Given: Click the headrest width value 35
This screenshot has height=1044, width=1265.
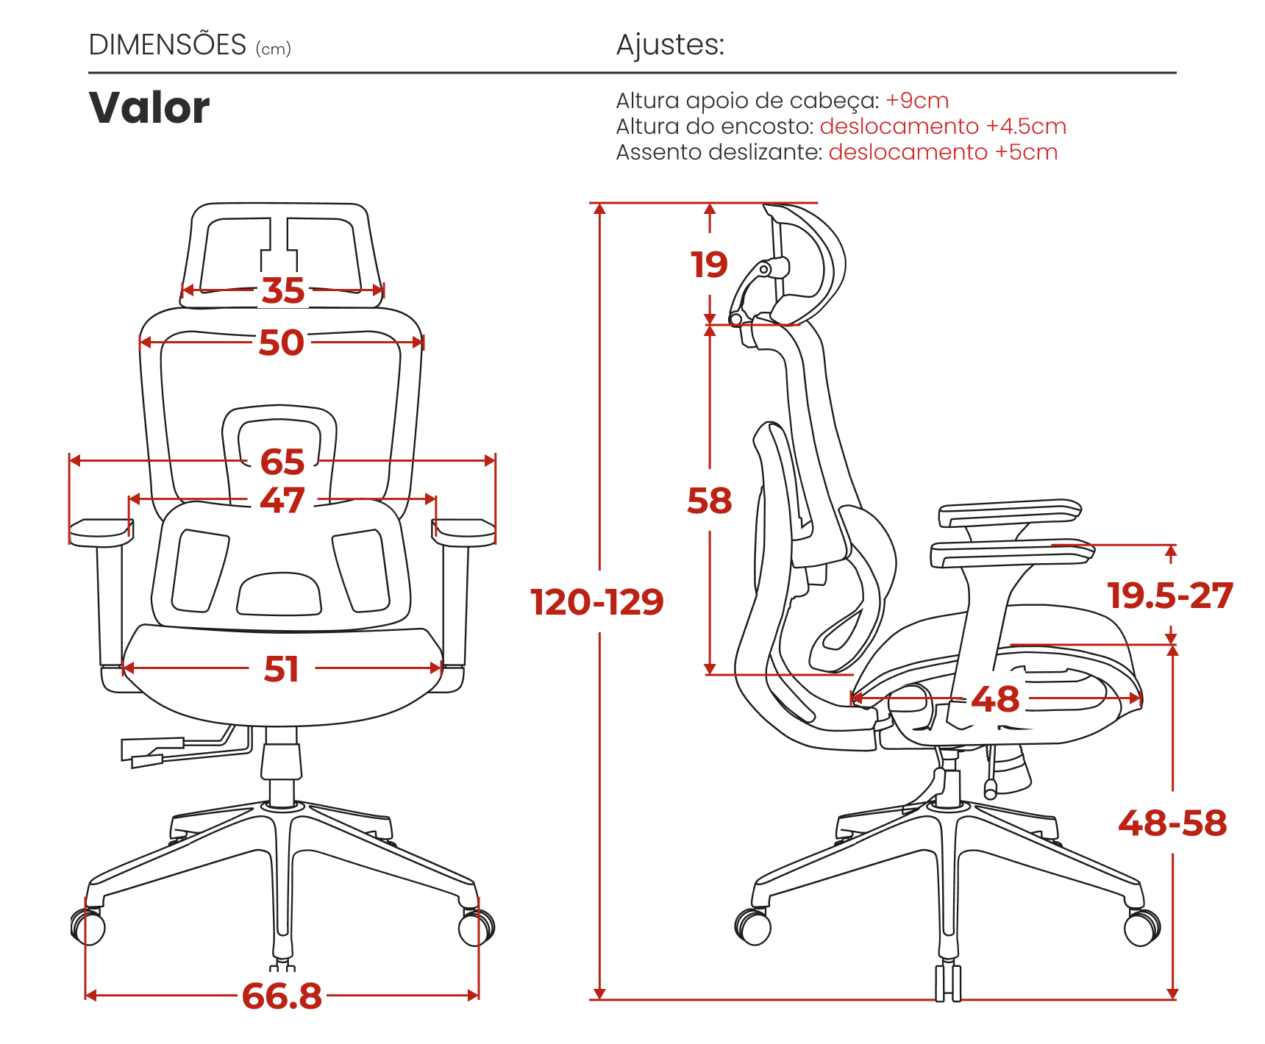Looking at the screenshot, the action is (x=283, y=290).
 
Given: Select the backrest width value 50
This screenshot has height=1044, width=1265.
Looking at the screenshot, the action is (x=281, y=343).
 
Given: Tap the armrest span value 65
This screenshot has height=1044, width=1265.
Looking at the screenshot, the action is (x=282, y=462).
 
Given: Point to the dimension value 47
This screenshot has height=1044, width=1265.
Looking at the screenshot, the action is (x=282, y=500).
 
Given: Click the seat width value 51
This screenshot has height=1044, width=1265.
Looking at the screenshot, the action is (x=282, y=669).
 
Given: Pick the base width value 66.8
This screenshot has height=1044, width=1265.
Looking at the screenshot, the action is (x=282, y=996).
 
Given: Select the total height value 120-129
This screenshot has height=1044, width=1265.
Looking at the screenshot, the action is (x=597, y=602).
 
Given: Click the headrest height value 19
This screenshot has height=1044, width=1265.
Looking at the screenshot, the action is (x=709, y=265).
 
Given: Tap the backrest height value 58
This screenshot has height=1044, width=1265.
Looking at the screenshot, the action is (x=710, y=501).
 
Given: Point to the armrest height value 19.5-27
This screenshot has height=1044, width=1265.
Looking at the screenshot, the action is (x=1170, y=596).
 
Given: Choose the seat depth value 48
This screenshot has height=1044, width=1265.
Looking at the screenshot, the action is (x=996, y=699).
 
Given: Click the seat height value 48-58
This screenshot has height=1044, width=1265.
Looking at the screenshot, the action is (x=1173, y=823).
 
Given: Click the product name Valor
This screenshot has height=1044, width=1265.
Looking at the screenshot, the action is (x=149, y=108).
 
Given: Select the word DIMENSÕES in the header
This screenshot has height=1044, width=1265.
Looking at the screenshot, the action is (x=168, y=45).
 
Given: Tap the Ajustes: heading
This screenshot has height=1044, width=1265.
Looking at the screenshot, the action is (x=670, y=45).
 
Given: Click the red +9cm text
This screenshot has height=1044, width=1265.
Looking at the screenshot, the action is (x=917, y=101).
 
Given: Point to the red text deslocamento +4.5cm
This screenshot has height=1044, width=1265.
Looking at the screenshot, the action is (x=943, y=126).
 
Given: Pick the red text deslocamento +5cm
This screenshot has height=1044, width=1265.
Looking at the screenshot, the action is (x=943, y=152).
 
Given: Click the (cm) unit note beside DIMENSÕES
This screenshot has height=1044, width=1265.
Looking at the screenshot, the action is (x=274, y=49).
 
